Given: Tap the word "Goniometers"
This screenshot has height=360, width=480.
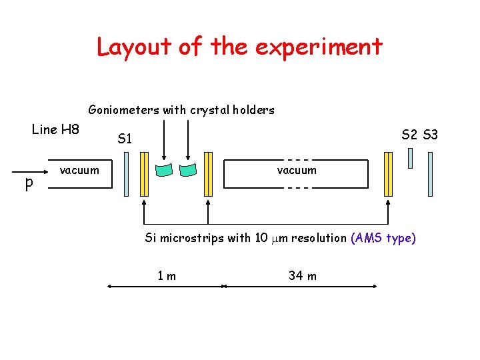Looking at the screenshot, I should (x=121, y=110).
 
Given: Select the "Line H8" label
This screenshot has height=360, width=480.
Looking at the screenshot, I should (x=55, y=129).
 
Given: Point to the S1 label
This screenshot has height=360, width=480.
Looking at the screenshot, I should (x=125, y=139).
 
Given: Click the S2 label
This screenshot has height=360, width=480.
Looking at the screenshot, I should (x=409, y=135).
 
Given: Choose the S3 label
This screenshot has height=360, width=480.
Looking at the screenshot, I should (x=430, y=135).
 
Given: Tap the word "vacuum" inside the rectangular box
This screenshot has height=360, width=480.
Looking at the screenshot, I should (x=297, y=171).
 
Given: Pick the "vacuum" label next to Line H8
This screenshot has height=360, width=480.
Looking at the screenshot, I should (x=79, y=171).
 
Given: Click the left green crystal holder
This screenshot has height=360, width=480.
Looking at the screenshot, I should (x=164, y=169).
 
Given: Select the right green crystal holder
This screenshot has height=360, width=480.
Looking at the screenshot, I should (x=189, y=169).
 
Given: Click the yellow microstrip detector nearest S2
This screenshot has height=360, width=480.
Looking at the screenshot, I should (x=389, y=174).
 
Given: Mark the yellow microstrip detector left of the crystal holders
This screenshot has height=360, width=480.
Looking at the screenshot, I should (x=145, y=174).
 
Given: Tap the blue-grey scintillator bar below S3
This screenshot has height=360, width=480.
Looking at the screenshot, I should (x=430, y=174).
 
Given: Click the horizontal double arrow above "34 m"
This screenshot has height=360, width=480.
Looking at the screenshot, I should (x=300, y=287).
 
